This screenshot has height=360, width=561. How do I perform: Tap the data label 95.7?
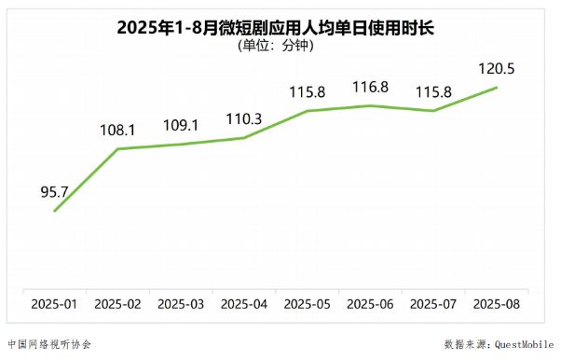pos(55,191)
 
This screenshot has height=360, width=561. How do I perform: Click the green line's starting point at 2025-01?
pos(55,211)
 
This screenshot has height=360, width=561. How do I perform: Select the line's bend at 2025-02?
pos(118,148)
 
